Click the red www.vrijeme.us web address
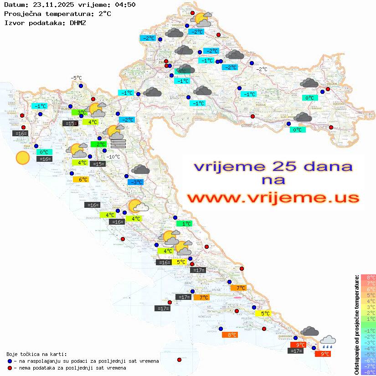coord(273,197)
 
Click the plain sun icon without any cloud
coord(22,158)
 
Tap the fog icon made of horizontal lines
coord(118,144)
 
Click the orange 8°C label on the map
coord(229,335)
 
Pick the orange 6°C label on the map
coord(80,179)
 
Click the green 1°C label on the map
coord(184,224)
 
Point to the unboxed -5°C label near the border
coord(76,78)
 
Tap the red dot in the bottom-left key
coord(10,368)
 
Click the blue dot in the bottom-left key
coord(10,361)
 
